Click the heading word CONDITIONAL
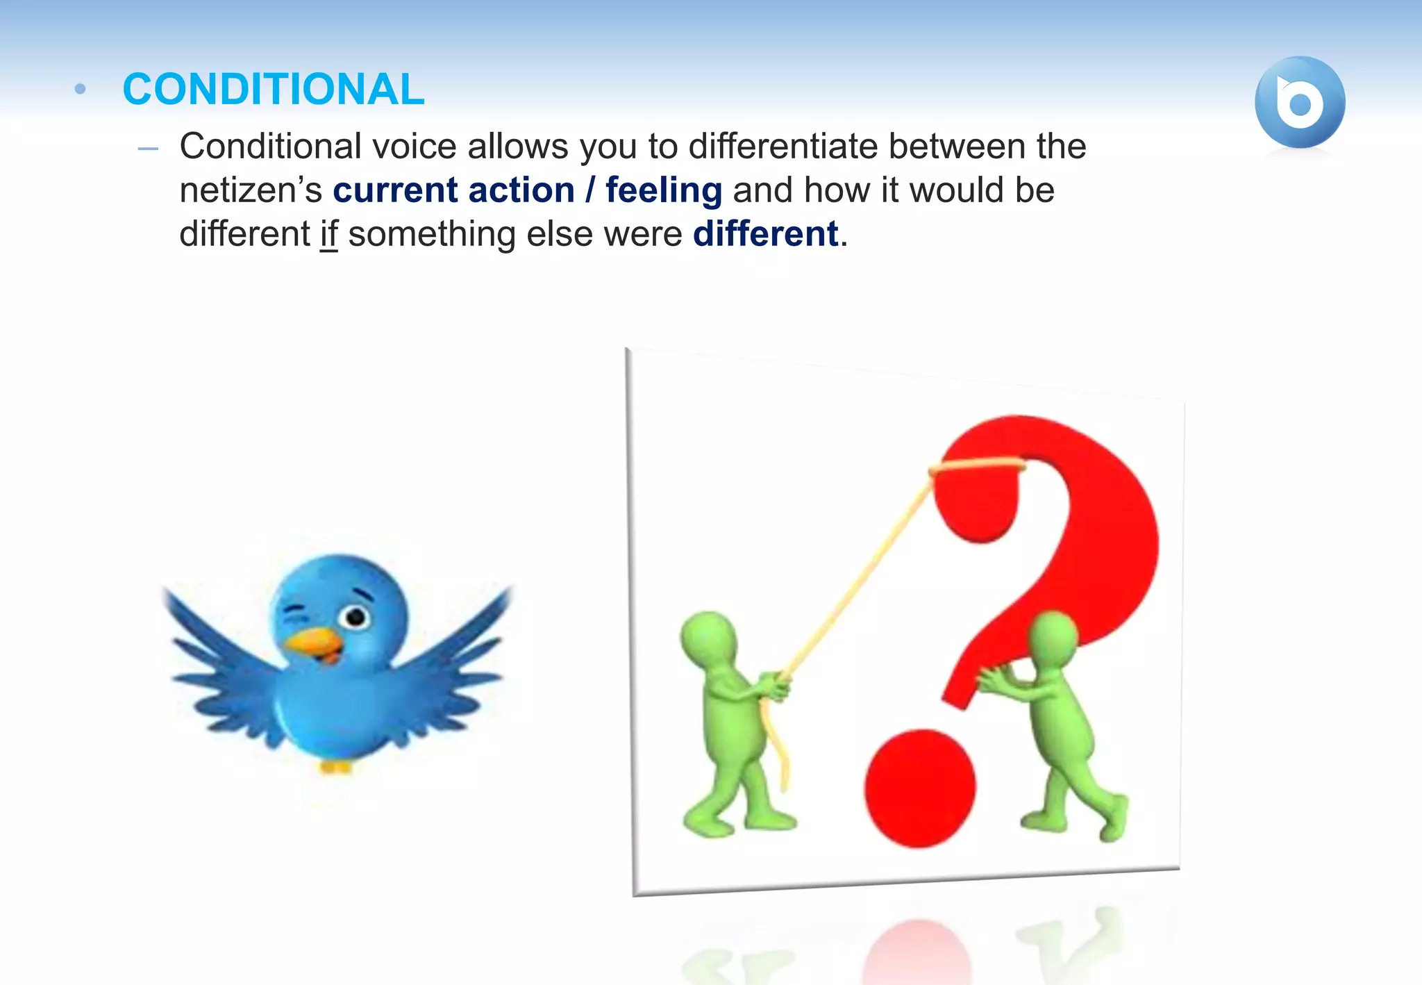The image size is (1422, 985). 273,90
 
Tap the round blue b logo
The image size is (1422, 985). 1299,103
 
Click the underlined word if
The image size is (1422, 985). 328,234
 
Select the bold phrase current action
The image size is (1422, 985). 453,190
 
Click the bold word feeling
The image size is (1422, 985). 663,190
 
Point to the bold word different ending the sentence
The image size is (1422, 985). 765,234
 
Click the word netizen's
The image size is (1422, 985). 251,190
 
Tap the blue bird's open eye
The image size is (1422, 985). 355,616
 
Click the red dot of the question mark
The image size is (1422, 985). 919,788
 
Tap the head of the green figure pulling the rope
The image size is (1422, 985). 708,636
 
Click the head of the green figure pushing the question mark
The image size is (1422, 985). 1054,636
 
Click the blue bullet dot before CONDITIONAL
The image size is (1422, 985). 80,89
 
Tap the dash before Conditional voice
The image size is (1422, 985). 148,149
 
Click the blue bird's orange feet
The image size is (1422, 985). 335,767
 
